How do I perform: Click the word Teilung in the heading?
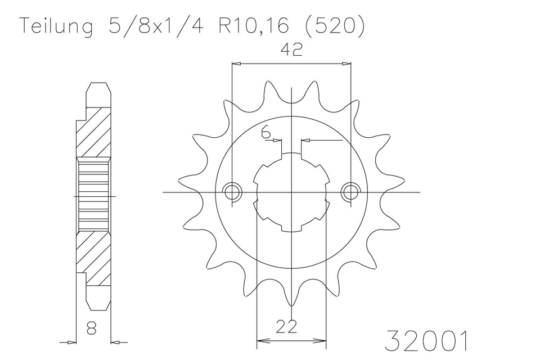coord(56,26)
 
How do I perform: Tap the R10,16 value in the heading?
coord(253,26)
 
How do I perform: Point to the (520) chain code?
coord(334,26)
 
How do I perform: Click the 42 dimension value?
coord(291,49)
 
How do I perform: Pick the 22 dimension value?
coord(286,327)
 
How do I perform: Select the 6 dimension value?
coord(265,132)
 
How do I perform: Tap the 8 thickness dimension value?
coord(92,328)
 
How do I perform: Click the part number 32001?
coord(426,341)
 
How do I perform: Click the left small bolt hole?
coord(232,192)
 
